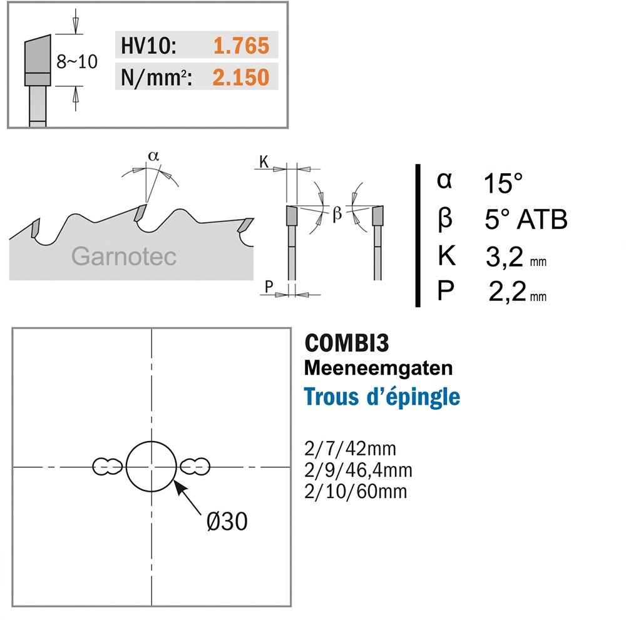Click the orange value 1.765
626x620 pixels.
click(x=241, y=46)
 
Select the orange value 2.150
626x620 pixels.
click(x=241, y=77)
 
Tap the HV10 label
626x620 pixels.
click(x=148, y=46)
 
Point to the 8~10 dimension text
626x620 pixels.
click(x=76, y=62)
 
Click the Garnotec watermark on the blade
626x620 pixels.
click(x=124, y=256)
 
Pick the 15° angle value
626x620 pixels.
click(x=503, y=183)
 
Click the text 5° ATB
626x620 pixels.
click(x=526, y=219)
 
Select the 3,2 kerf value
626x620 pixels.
click(x=504, y=257)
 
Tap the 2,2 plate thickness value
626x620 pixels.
click(x=507, y=292)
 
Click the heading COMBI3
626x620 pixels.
click(x=347, y=343)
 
